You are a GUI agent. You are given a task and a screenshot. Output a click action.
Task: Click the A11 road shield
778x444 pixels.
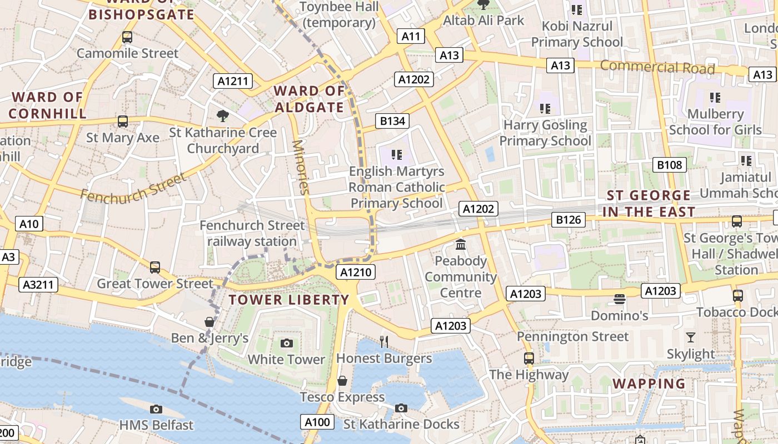[411, 37]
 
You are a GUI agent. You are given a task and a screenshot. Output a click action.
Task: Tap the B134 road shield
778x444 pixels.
[392, 121]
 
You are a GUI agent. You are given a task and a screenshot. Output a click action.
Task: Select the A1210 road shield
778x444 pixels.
[356, 272]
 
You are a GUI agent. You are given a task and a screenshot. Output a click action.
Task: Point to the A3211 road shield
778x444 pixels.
[38, 285]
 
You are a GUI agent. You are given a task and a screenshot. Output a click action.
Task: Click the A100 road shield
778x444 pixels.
[318, 422]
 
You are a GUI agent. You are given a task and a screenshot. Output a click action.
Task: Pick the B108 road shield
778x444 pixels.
[669, 165]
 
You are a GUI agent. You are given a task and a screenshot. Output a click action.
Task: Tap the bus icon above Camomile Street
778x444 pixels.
[127, 37]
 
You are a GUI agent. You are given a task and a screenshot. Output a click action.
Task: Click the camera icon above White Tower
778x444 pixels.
[287, 343]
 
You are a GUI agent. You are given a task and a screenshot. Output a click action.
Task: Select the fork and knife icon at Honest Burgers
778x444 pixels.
[384, 341]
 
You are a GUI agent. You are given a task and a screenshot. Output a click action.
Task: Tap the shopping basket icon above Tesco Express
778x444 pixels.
[342, 381]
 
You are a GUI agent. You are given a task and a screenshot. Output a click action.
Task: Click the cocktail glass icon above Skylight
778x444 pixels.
[691, 337]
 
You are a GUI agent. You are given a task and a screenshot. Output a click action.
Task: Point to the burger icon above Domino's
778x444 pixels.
[620, 299]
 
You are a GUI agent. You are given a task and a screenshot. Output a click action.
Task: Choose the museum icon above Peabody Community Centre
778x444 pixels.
[461, 244]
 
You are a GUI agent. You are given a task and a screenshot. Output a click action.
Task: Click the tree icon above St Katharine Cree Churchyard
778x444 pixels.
[223, 115]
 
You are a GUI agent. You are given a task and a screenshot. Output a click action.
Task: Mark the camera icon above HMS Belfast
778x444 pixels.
[156, 409]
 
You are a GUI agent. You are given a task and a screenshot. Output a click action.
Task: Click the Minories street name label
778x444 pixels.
[300, 167]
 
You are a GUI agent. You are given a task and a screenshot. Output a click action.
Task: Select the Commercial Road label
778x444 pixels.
[657, 67]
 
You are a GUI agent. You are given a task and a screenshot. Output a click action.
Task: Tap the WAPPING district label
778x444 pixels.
[649, 384]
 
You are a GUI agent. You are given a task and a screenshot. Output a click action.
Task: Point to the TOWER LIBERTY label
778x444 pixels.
[289, 300]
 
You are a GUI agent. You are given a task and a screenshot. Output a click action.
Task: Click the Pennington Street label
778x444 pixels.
[572, 336]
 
